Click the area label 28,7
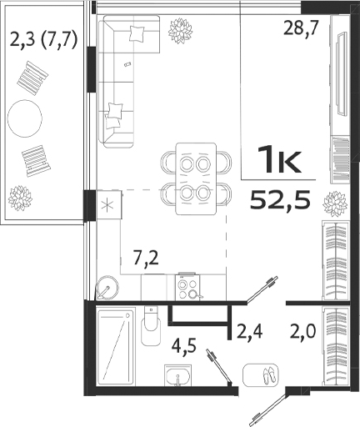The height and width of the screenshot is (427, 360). [x=298, y=28]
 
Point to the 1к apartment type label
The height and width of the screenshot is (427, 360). [x=279, y=158]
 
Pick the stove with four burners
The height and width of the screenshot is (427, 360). [x=187, y=286]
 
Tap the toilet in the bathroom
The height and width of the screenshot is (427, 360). [x=151, y=328]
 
